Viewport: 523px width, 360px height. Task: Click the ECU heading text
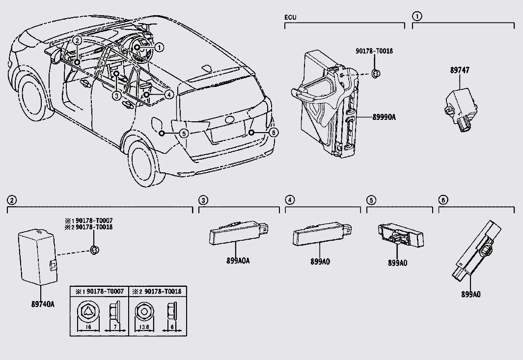290,18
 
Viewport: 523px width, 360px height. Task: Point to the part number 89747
459,70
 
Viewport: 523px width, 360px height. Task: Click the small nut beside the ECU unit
376,74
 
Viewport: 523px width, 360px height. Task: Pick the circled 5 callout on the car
184,133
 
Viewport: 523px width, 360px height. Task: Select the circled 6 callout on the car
274,132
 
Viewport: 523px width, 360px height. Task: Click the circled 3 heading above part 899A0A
203,200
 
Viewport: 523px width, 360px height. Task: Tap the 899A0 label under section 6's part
470,294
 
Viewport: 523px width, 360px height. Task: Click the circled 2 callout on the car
78,41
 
